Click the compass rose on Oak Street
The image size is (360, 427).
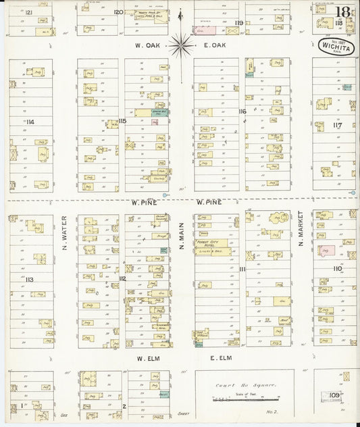pyautogui.click(x=180, y=45)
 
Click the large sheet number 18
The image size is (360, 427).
pyautogui.click(x=344, y=11)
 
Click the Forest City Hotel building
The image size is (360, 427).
pyautogui.click(x=212, y=244)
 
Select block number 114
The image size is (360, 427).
pyautogui.click(x=30, y=122)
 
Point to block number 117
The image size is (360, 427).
pyautogui.click(x=337, y=124)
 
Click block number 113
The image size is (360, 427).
pyautogui.click(x=30, y=278)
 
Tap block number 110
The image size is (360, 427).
pyautogui.click(x=337, y=268)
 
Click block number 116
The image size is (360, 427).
pyautogui.click(x=242, y=111)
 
